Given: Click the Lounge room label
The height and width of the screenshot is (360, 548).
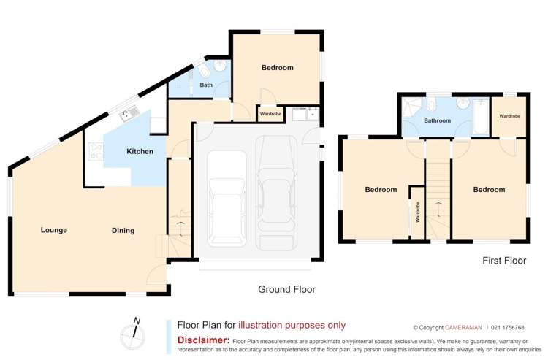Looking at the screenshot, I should coord(53,230).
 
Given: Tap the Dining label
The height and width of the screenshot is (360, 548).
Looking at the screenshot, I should coord(123,231).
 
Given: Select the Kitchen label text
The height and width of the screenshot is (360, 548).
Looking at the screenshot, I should coord(140,151).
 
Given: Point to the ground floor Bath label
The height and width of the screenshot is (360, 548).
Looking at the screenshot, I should coord(206,85).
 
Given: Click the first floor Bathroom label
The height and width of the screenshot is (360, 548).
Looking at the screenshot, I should coord(437,120).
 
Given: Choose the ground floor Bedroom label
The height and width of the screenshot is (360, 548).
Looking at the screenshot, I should coord(277,68).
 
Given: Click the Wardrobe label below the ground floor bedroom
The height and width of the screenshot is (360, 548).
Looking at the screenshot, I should coord(270,114).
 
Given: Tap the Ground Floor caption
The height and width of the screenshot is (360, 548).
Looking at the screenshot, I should coord(286,289).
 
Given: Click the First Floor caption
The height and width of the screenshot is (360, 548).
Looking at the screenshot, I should coord(503,260).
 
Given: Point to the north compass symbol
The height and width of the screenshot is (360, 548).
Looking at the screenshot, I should coord(134,331).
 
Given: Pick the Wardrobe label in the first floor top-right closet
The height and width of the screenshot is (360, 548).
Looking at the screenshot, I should coord(509,116).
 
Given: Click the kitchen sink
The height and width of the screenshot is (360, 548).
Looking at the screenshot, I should coord(130,113).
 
